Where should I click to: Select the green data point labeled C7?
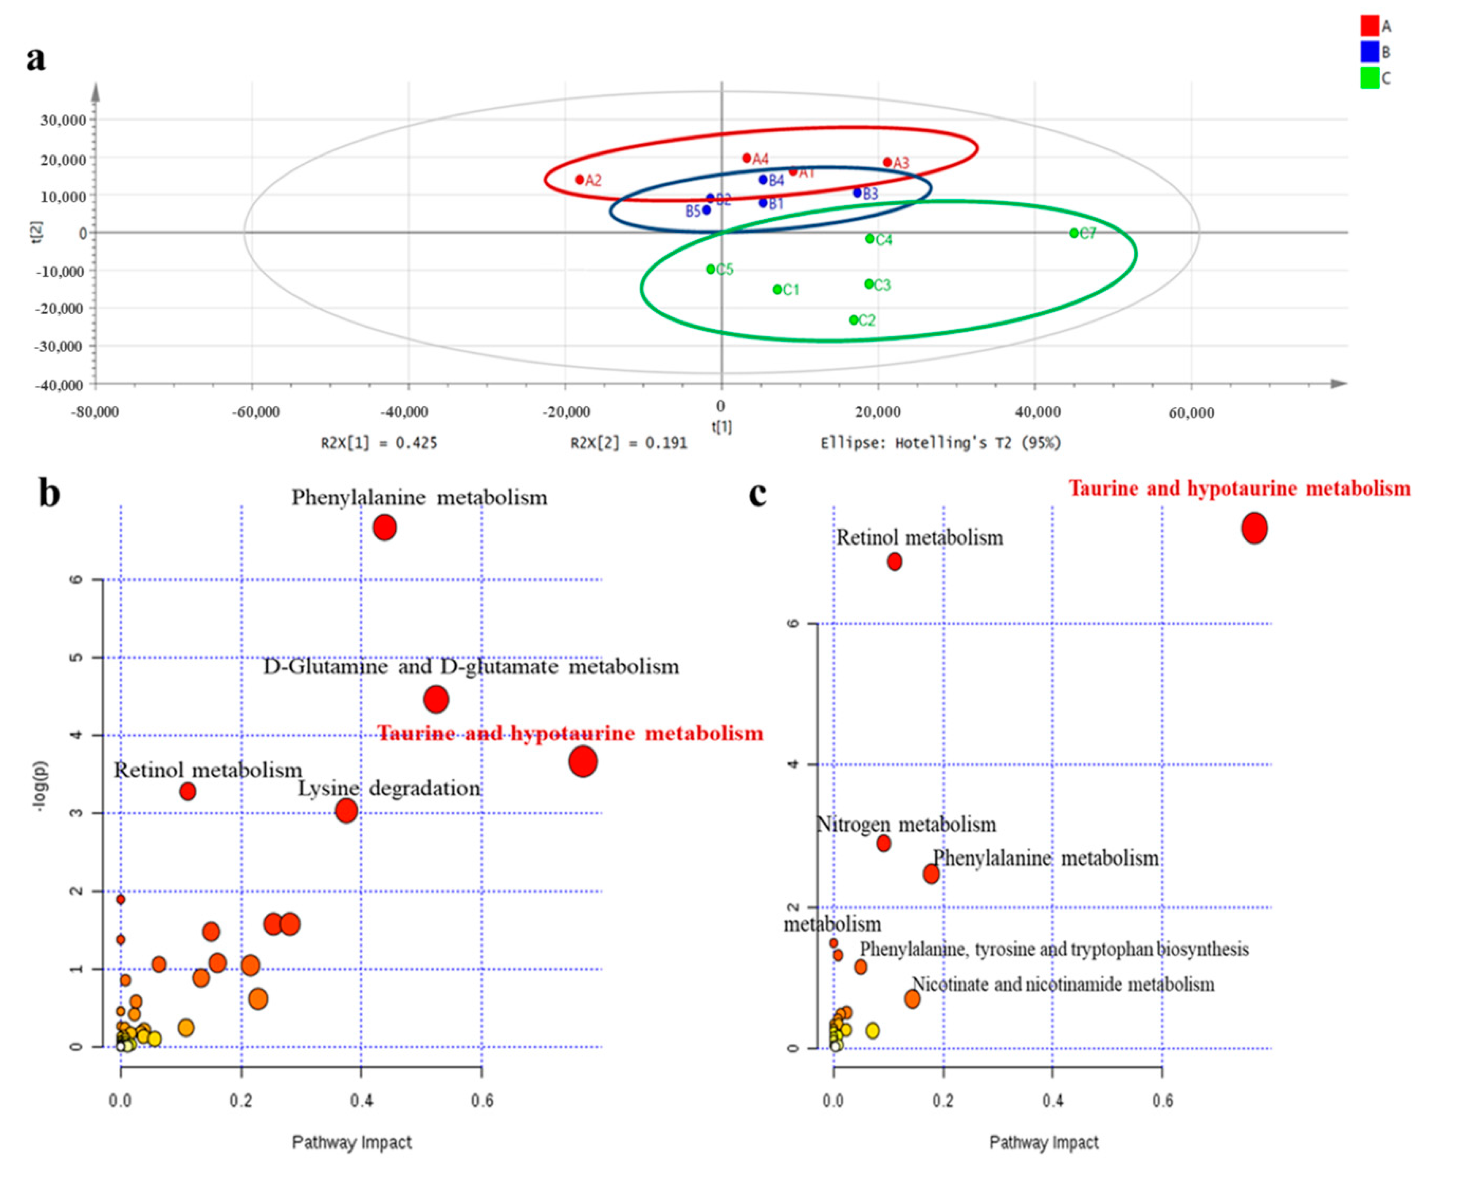pyautogui.click(x=1074, y=233)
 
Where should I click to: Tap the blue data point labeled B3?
pyautogui.click(x=857, y=193)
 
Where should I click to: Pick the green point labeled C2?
pyautogui.click(x=854, y=320)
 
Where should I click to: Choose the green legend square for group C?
pyautogui.click(x=1370, y=78)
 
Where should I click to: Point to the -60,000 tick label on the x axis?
pyautogui.click(x=256, y=412)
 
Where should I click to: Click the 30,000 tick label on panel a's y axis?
pyautogui.click(x=63, y=120)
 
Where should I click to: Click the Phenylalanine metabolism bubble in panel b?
pyautogui.click(x=384, y=528)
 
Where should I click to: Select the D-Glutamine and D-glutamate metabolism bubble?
pyautogui.click(x=436, y=699)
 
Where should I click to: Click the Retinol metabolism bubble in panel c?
pyautogui.click(x=894, y=562)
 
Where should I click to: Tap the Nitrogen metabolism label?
pyautogui.click(x=906, y=824)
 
